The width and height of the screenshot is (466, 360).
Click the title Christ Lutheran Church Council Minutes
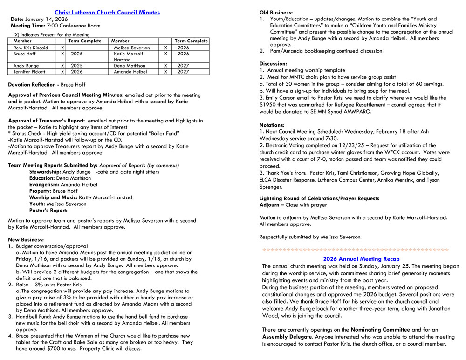pos(107,13)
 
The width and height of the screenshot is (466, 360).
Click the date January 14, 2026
pos(46,19)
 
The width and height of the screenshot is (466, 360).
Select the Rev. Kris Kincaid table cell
pos(31,48)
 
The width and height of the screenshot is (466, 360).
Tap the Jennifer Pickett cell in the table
pos(29,72)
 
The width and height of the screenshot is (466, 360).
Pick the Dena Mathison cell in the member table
pos(130,66)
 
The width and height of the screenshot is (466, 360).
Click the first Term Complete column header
pos(85,41)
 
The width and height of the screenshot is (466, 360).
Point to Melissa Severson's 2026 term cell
pos(184,48)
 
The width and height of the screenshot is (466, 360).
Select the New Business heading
pos(26,239)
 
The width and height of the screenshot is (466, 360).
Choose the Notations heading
pos(272,125)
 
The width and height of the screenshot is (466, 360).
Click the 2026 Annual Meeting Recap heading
pos(361,259)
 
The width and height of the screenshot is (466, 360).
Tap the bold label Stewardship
pos(45,171)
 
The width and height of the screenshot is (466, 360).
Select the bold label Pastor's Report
pos(48,211)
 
